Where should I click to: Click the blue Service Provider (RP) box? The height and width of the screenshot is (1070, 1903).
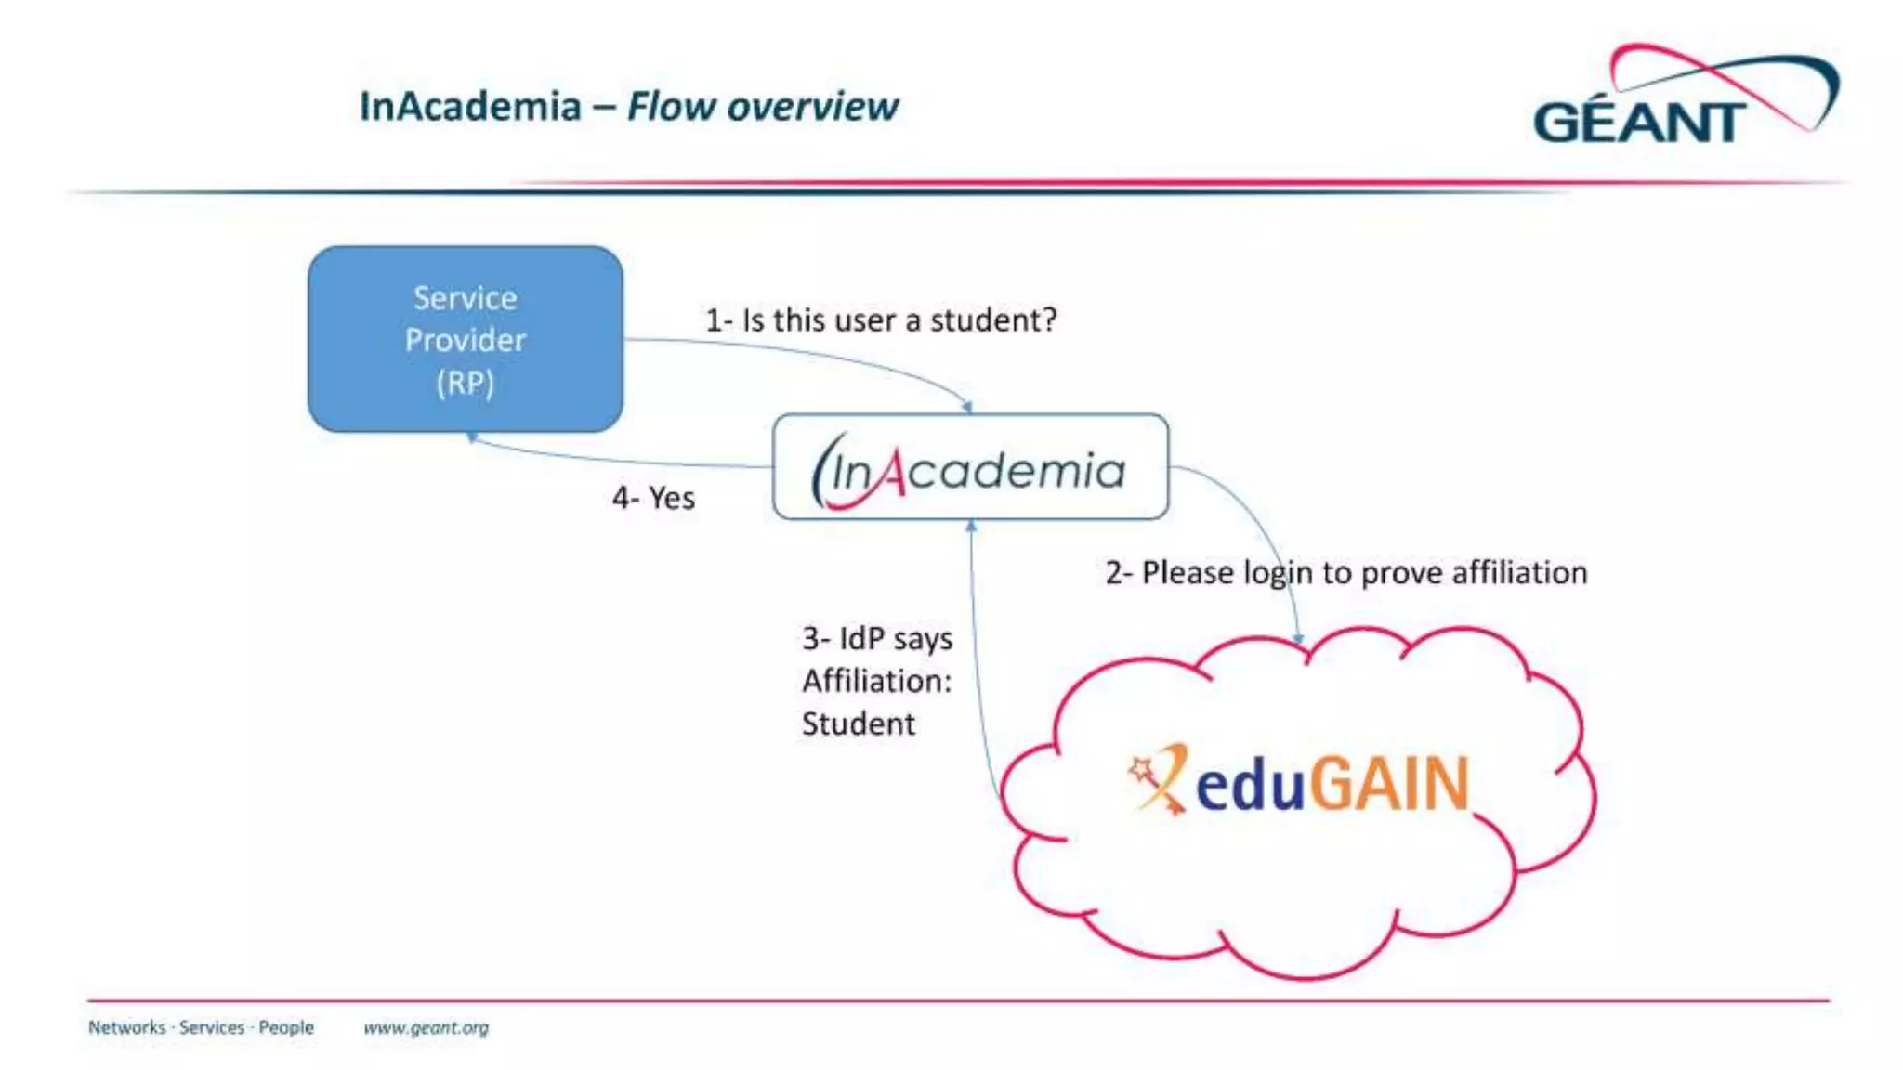[465, 339]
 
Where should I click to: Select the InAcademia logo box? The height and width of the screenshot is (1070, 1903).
[970, 467]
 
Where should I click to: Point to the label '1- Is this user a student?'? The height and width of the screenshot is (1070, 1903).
[880, 320]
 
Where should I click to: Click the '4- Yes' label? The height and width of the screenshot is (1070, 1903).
[653, 499]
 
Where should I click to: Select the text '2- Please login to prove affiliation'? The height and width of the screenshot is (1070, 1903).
[1345, 573]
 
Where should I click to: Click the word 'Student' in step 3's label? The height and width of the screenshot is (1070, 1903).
[858, 724]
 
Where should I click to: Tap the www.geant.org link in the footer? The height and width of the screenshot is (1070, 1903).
[426, 1027]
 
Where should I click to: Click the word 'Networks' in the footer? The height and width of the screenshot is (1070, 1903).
[126, 1027]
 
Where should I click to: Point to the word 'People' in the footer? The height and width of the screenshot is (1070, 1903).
[286, 1027]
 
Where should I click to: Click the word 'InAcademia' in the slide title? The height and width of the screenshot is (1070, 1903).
[470, 107]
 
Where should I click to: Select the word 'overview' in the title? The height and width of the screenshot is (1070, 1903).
[813, 107]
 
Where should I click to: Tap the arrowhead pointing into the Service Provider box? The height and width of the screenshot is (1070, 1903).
[472, 437]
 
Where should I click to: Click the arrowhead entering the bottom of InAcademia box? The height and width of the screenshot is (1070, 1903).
[971, 526]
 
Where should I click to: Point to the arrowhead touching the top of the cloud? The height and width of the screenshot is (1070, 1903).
[1299, 639]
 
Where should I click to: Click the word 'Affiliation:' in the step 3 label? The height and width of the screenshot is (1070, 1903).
[876, 681]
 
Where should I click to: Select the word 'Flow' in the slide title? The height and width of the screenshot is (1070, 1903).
[671, 107]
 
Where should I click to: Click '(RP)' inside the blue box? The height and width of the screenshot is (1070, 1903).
[465, 383]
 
